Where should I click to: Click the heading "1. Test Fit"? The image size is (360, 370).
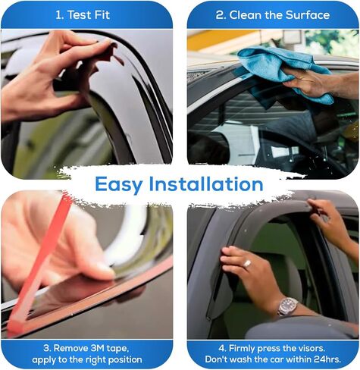click(86, 14)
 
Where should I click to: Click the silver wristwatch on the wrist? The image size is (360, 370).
click(288, 306)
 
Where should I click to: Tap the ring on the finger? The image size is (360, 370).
click(247, 263)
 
